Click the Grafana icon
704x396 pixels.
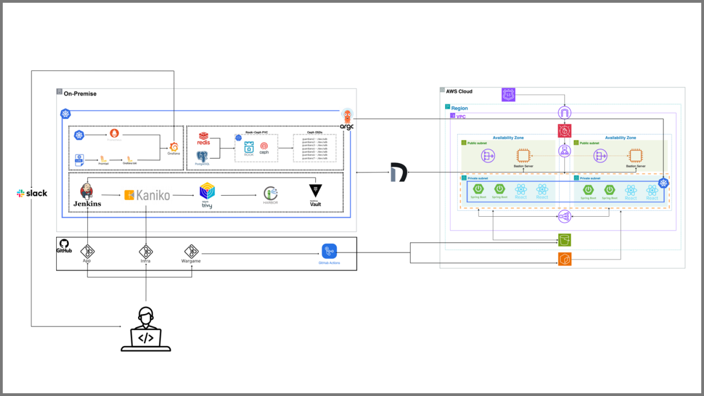click(x=173, y=147)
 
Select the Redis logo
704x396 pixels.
click(x=204, y=139)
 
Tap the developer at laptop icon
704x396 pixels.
click(x=145, y=330)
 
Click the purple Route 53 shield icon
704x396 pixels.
click(x=509, y=95)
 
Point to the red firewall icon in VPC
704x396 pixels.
click(x=564, y=131)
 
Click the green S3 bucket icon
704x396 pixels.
click(x=564, y=240)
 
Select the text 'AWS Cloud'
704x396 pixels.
click(x=459, y=91)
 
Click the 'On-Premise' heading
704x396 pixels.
click(x=80, y=94)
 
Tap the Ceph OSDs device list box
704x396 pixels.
click(x=315, y=148)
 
